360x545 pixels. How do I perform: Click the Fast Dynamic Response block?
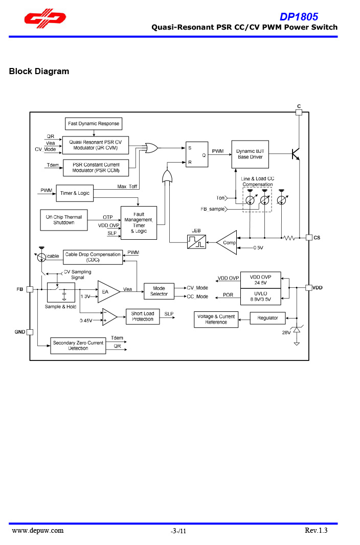click(94, 124)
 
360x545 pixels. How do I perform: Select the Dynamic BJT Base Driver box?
click(250, 154)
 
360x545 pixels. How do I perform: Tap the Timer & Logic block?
click(75, 193)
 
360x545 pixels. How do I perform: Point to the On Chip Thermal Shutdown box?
click(64, 220)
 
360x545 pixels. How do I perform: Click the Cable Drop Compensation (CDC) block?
click(93, 257)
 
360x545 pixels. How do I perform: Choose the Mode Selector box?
click(159, 291)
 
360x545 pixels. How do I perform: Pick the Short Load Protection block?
click(142, 316)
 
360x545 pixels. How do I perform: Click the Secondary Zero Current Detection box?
click(78, 346)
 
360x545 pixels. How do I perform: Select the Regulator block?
click(267, 318)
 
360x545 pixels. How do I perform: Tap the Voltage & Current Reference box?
click(216, 320)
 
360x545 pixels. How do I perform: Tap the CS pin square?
click(309, 237)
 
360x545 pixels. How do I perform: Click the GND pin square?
click(30, 332)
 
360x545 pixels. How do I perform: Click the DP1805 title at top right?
click(299, 17)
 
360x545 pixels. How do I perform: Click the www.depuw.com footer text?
click(38, 530)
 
